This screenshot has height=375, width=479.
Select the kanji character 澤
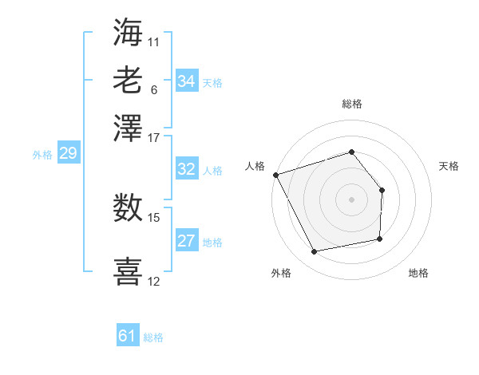tap(128, 128)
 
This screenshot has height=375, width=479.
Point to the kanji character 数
tap(128, 209)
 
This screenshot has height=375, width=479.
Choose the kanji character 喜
tap(128, 270)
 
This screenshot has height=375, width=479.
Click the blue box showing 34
tap(187, 81)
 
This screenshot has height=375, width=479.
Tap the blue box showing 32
tap(187, 169)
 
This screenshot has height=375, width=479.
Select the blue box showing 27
tap(187, 241)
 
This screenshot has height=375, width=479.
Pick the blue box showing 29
tap(68, 153)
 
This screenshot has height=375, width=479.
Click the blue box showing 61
tap(128, 336)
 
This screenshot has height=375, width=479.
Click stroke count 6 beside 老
tap(154, 89)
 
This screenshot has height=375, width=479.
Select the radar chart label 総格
tap(352, 104)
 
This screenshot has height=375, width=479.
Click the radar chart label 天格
tap(449, 166)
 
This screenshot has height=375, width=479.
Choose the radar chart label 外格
tap(281, 273)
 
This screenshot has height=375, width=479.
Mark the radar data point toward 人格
tap(275, 175)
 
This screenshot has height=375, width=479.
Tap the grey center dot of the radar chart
tap(352, 199)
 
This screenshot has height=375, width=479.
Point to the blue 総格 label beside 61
tap(153, 337)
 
